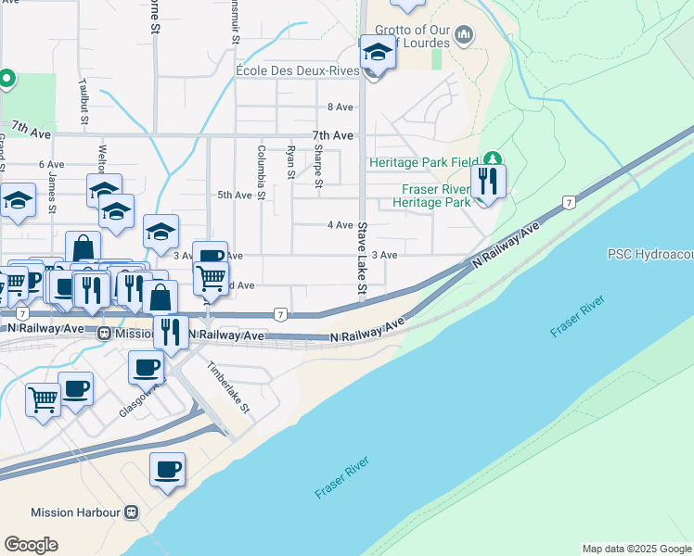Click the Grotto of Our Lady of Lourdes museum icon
[x=465, y=36]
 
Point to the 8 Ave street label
[x=341, y=107]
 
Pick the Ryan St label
[x=291, y=161]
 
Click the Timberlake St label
[x=229, y=386]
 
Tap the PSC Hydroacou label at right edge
[x=649, y=254]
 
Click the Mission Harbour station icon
[x=132, y=512]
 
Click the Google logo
[x=31, y=545]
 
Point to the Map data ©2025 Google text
[x=636, y=549]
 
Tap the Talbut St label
[x=84, y=101]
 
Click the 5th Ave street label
[x=234, y=196]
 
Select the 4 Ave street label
[x=341, y=225]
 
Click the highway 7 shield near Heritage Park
[x=568, y=201]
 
